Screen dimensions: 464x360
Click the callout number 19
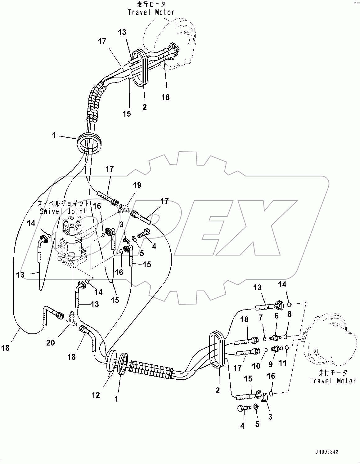(x=137, y=185)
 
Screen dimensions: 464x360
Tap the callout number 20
(x=51, y=342)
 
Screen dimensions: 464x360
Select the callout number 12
(x=96, y=395)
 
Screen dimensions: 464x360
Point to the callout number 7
(x=261, y=317)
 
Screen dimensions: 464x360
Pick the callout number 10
(x=256, y=366)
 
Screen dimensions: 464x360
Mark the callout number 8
(x=289, y=314)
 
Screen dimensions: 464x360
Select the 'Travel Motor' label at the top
(x=151, y=12)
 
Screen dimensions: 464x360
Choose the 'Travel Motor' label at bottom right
(x=332, y=381)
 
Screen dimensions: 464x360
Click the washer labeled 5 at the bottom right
(x=255, y=406)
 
